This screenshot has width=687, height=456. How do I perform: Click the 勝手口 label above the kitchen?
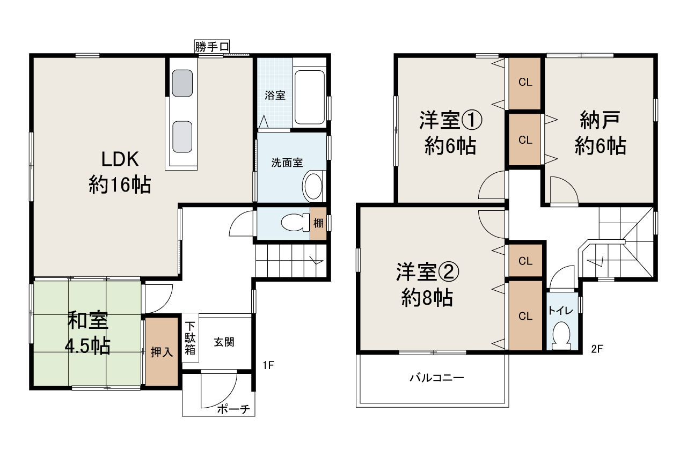tap(211, 47)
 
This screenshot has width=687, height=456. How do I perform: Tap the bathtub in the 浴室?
tap(310, 97)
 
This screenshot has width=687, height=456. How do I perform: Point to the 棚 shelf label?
tap(318, 222)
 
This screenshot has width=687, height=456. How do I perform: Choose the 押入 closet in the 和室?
tap(162, 352)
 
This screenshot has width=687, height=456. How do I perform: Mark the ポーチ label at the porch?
tap(234, 410)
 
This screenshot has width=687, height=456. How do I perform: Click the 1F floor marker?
tap(268, 366)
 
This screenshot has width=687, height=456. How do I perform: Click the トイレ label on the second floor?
tap(561, 311)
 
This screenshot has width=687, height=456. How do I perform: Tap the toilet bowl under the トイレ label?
tap(561, 336)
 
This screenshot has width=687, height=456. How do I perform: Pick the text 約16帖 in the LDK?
tap(120, 185)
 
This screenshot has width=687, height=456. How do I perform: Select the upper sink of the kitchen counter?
tap(182, 83)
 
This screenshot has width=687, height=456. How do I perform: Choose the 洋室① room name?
tap(450, 121)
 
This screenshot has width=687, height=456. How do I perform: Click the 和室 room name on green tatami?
tap(87, 321)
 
